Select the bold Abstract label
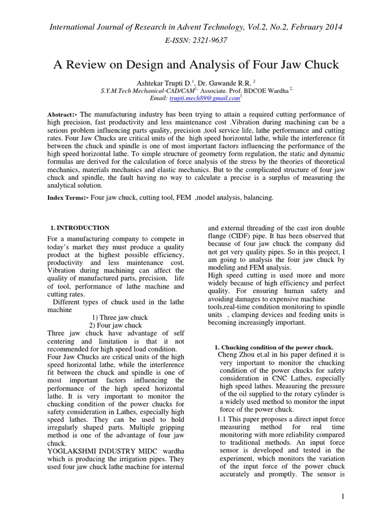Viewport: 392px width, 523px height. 61,114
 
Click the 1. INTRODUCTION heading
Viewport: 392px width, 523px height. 80,227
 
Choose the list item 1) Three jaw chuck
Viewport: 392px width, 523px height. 120,317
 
